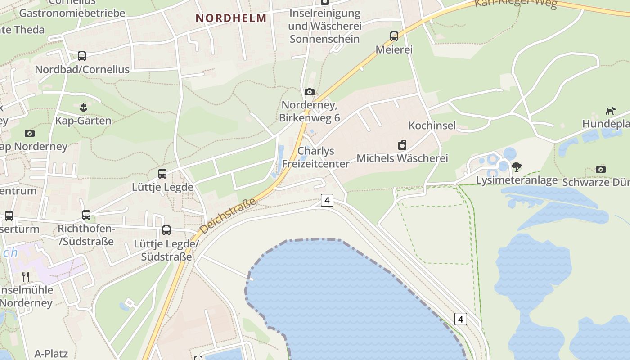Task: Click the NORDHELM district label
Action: tap(231, 18)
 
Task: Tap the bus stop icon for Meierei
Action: tap(394, 36)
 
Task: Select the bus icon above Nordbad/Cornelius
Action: tap(82, 56)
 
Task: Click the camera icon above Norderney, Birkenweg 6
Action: tap(310, 92)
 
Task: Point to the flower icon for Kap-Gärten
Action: tap(83, 108)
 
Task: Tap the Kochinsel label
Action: tap(432, 125)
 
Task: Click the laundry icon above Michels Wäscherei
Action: tap(402, 145)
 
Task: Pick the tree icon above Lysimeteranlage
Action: tap(517, 167)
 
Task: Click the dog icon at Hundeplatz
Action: tap(611, 111)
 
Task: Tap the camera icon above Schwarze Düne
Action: tap(600, 169)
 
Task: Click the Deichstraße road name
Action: tap(228, 216)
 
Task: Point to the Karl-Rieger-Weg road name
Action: tap(516, 4)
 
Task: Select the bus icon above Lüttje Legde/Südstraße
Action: tap(166, 230)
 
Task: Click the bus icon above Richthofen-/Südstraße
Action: tap(86, 215)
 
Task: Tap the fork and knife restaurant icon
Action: tap(26, 276)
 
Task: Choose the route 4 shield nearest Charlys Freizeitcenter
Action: tap(327, 200)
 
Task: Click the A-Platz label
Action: tap(51, 353)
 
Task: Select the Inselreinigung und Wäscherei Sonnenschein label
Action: tap(325, 26)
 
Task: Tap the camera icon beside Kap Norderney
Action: tap(30, 133)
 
